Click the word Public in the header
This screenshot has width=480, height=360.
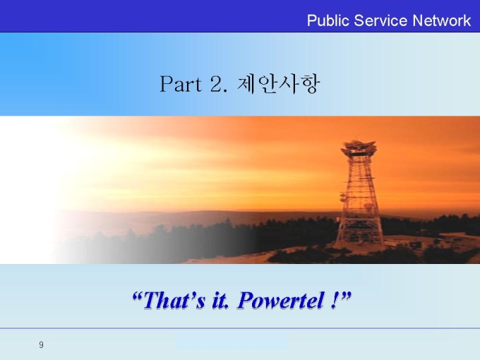tap(328, 21)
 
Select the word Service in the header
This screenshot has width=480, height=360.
tap(380, 20)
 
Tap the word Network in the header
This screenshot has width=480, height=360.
tap(441, 20)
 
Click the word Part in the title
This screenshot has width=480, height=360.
tap(181, 84)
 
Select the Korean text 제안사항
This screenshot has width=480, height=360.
tap(278, 84)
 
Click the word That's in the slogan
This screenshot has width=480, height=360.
tap(174, 300)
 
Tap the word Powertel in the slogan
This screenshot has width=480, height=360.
tap(281, 300)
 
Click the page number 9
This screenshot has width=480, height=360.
tap(42, 344)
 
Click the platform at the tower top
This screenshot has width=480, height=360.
tap(359, 148)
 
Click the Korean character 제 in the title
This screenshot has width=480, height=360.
tap(246, 84)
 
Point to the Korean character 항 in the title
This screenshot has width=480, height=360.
tap(309, 84)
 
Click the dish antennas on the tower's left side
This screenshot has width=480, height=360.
tap(343, 197)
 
